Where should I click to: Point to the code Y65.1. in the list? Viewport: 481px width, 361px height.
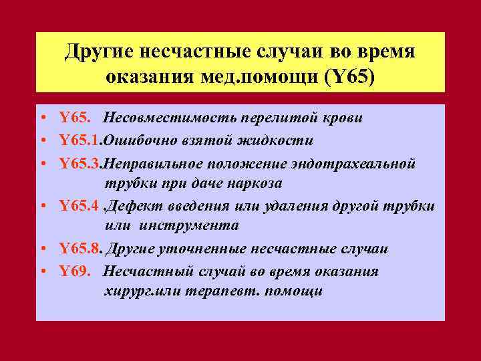pos(81,140)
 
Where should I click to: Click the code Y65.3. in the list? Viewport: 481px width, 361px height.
pos(81,163)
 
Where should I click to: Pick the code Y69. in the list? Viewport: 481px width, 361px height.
pos(74,271)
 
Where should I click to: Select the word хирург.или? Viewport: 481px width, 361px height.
pos(137,291)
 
